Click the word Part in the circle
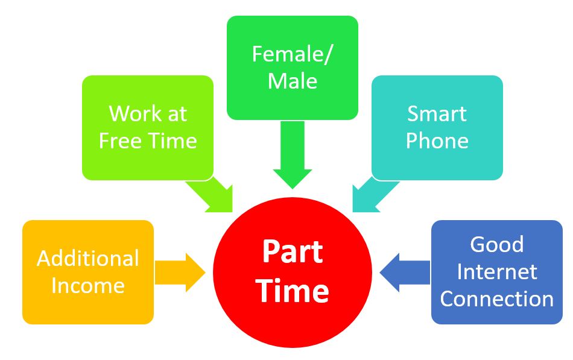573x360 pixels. [293, 252]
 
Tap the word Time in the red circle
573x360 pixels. [293, 291]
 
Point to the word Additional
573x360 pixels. [88, 258]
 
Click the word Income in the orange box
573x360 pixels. [88, 285]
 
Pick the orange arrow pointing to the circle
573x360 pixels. [180, 272]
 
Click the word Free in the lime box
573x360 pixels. [124, 141]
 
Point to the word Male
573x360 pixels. [293, 81]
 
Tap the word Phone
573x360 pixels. [437, 141]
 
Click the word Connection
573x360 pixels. [497, 298]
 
